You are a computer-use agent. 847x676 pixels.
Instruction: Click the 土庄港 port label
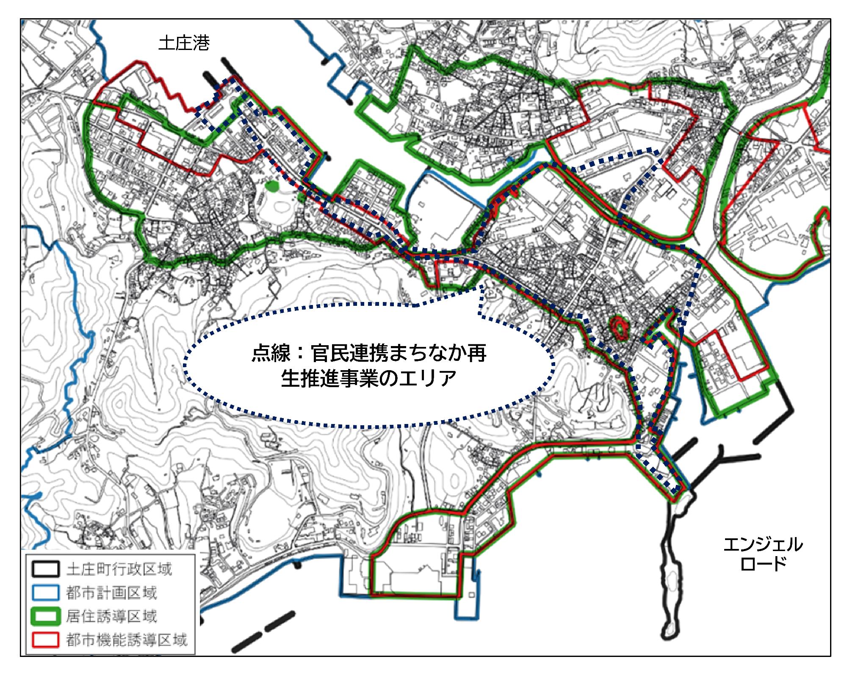point(184,43)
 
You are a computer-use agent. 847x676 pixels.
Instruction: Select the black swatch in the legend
point(45,569)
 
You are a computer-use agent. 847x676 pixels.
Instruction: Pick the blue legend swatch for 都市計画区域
point(45,593)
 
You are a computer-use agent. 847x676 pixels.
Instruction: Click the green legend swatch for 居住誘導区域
point(45,616)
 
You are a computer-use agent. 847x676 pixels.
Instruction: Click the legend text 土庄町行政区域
point(119,569)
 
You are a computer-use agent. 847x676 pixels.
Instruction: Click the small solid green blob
point(271,185)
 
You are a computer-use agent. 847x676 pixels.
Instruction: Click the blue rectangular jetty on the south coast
point(468,601)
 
